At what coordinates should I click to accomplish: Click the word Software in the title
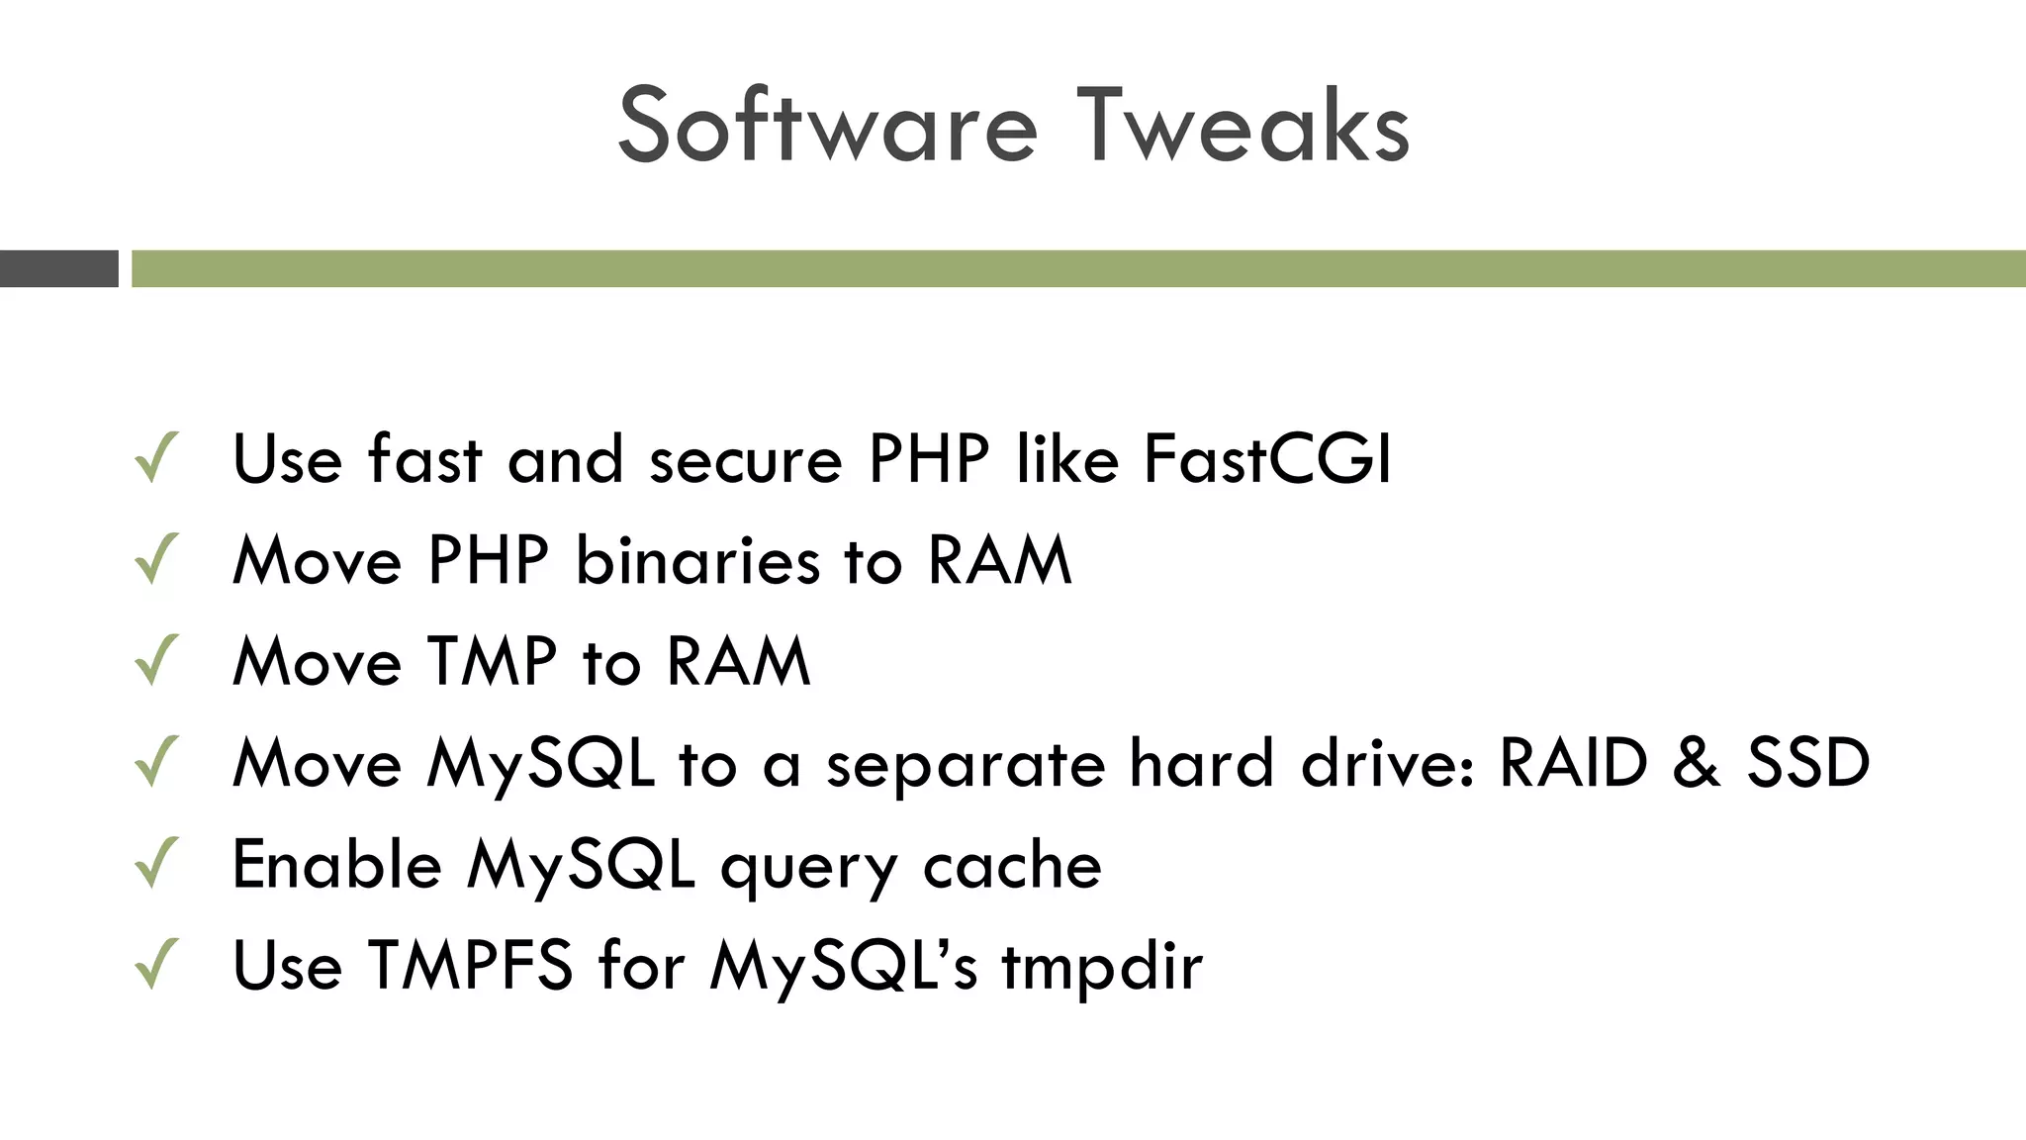827,127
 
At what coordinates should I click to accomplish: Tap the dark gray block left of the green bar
59,268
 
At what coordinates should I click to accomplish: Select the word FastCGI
1267,459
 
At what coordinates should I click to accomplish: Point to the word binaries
697,561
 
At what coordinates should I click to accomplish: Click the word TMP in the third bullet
492,661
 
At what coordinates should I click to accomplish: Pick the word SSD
1808,763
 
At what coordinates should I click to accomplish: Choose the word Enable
336,864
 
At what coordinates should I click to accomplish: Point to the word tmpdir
1102,967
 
